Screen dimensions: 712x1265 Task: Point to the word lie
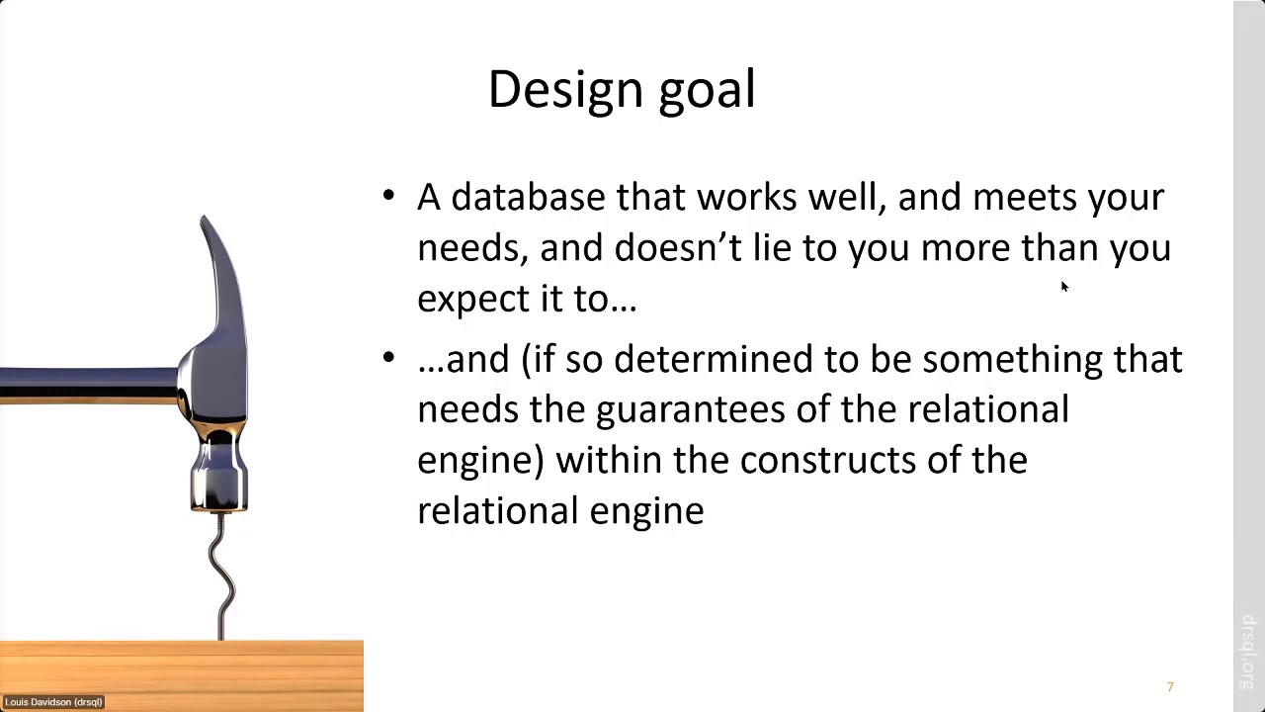[x=771, y=247]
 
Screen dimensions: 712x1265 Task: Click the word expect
[x=469, y=300]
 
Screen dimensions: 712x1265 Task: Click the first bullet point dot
[x=388, y=196]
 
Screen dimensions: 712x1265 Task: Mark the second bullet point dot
[x=388, y=357]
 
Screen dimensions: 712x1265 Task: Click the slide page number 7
[x=1170, y=687]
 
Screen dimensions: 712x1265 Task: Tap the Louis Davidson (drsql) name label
[x=53, y=702]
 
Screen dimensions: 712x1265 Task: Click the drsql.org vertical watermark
[x=1247, y=653]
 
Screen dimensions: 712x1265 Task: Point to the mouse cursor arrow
[x=1064, y=287]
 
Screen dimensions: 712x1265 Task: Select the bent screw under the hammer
[x=221, y=578]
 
